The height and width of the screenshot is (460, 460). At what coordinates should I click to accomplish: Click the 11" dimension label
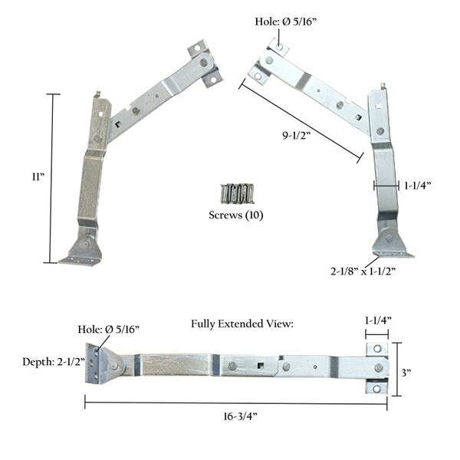click(38, 177)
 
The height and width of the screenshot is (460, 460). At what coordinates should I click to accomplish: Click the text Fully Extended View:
click(242, 324)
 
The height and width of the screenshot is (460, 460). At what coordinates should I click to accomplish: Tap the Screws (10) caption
click(235, 215)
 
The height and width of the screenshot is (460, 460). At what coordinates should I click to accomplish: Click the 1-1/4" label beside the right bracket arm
click(419, 185)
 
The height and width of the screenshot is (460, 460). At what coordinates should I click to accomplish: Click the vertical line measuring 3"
click(396, 369)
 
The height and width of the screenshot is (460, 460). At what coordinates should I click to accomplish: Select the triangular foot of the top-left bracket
click(80, 250)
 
